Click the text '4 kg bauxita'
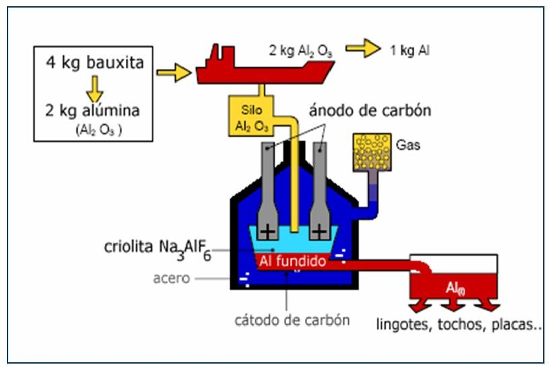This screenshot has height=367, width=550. (95, 63)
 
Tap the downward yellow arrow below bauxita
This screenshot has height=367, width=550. (94, 89)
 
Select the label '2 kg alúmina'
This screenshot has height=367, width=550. (92, 111)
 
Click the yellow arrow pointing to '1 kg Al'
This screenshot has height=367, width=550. (363, 49)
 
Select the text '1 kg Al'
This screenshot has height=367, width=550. (410, 51)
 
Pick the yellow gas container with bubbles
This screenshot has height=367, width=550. (372, 151)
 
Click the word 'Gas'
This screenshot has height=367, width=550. (408, 146)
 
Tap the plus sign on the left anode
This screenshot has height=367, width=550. (267, 232)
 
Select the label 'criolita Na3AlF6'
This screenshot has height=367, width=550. (157, 248)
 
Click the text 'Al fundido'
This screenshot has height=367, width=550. (292, 261)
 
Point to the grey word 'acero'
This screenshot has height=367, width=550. (171, 278)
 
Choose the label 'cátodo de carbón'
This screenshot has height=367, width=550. (291, 320)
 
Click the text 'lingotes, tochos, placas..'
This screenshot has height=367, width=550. (459, 324)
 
